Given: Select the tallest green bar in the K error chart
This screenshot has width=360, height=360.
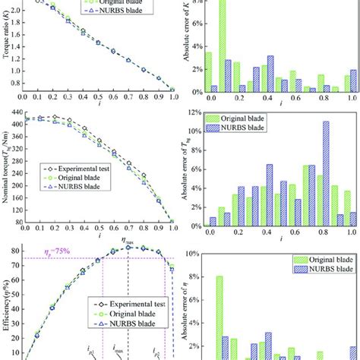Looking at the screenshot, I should click(x=223, y=46).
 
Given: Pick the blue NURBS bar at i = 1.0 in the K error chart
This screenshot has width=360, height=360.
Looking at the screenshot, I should click(x=354, y=81).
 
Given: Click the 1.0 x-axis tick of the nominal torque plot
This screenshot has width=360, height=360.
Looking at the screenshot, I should click(x=173, y=229).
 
